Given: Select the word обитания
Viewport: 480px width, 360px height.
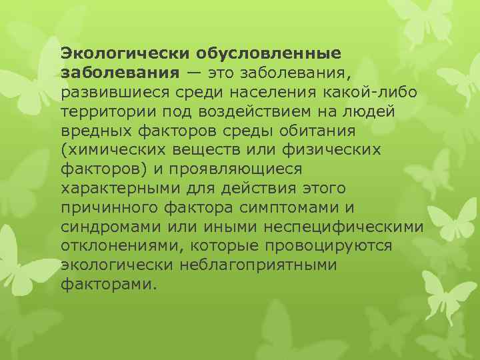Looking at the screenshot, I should click(x=319, y=129).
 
